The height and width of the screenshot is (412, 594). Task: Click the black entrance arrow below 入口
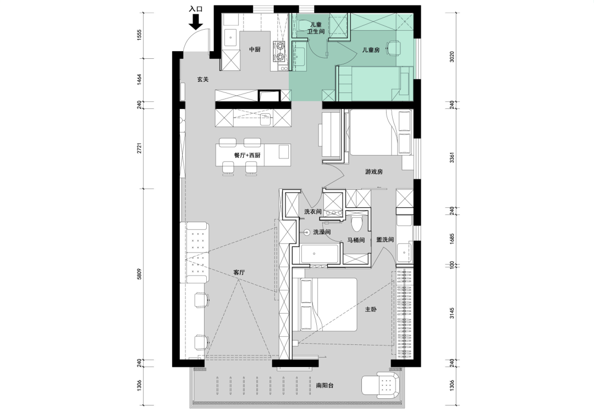196,21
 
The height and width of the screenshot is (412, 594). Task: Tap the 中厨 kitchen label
255,50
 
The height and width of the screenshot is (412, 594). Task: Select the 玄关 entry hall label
202,80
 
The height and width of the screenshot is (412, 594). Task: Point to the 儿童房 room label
371,50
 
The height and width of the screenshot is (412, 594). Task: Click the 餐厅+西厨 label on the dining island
248,156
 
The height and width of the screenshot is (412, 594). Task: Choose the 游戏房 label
374,172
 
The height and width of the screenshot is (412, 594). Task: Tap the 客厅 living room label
239,272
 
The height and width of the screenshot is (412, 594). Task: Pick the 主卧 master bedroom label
371,310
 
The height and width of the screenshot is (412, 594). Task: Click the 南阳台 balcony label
325,386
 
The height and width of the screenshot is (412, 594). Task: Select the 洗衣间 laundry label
313,211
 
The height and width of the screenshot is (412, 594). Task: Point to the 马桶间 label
356,240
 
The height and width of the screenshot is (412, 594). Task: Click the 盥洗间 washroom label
385,239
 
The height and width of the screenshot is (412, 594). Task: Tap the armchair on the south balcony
381,383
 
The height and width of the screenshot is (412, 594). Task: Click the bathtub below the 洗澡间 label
320,253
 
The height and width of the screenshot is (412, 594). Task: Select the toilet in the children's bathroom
303,25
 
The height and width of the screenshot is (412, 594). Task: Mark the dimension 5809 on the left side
139,273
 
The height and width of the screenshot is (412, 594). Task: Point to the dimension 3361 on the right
451,157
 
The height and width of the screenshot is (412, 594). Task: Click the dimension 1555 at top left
139,35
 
